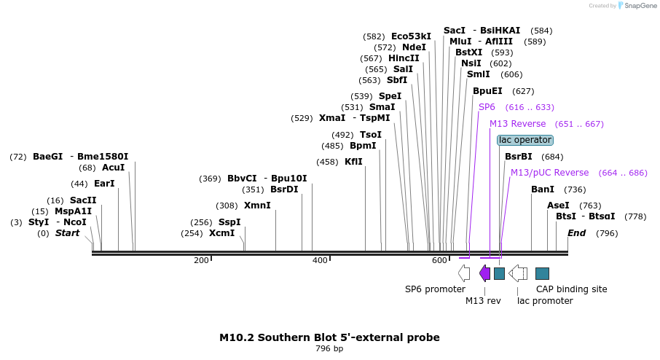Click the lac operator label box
pos(525,140)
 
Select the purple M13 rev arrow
pos(484,273)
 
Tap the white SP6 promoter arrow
pos(464,273)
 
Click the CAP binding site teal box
pos(542,273)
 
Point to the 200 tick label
pos(201,261)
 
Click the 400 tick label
pos(320,261)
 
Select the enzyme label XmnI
pos(257,206)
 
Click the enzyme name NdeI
pos(414,47)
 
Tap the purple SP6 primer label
pos(487,107)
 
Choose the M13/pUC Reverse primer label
pos(549,173)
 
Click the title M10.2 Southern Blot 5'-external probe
pos(329,337)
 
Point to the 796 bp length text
pos(329,349)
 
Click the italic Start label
pos(68,233)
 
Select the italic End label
pos(576,233)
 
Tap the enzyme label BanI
pos(543,189)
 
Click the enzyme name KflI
pos(353,162)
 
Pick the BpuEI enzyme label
pos(487,91)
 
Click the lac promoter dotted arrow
pos(518,273)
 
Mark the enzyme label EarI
pos(104,184)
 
